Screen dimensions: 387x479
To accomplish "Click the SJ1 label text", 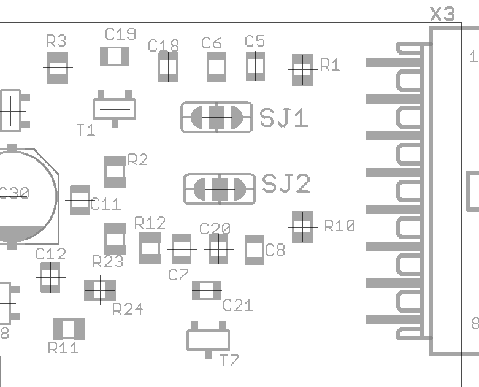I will [x=284, y=118].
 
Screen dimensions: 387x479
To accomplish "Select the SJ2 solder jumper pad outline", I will [x=220, y=189].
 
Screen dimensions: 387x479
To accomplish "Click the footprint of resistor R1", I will [x=302, y=69].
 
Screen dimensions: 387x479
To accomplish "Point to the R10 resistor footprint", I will [x=302, y=226].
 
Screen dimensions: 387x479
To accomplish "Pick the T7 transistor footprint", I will [x=209, y=338].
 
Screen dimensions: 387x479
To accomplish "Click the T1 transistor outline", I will [x=115, y=109].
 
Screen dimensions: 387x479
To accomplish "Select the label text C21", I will [x=238, y=305].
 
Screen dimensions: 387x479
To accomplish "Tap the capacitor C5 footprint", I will [x=255, y=65].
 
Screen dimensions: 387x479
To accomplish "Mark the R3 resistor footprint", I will [x=57, y=67].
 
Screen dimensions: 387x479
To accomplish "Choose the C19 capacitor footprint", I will [x=115, y=56].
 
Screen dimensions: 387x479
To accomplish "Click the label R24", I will [x=128, y=308].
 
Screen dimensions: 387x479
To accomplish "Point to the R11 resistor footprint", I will [x=69, y=329].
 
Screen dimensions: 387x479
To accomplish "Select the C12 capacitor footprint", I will [x=50, y=277].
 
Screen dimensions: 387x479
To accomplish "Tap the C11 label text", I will [x=105, y=204].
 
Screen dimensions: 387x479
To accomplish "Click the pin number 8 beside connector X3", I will [x=474, y=323].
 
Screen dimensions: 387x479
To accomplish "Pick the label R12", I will [x=150, y=222].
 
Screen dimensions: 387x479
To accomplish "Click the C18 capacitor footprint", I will [x=168, y=66].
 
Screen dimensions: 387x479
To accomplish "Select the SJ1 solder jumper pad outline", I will [x=216, y=117].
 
